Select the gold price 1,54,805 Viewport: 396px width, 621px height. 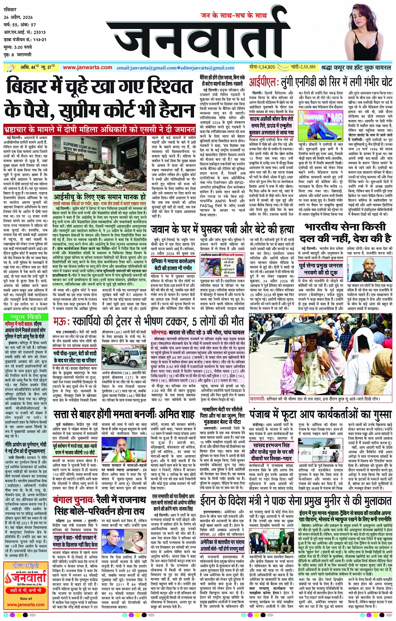pyautogui.click(x=262, y=67)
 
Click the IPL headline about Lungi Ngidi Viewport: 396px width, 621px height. pyautogui.click(x=321, y=82)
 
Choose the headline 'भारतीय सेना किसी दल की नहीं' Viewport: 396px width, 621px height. pyautogui.click(x=348, y=233)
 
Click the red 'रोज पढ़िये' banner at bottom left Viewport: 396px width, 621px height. pyautogui.click(x=24, y=566)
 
